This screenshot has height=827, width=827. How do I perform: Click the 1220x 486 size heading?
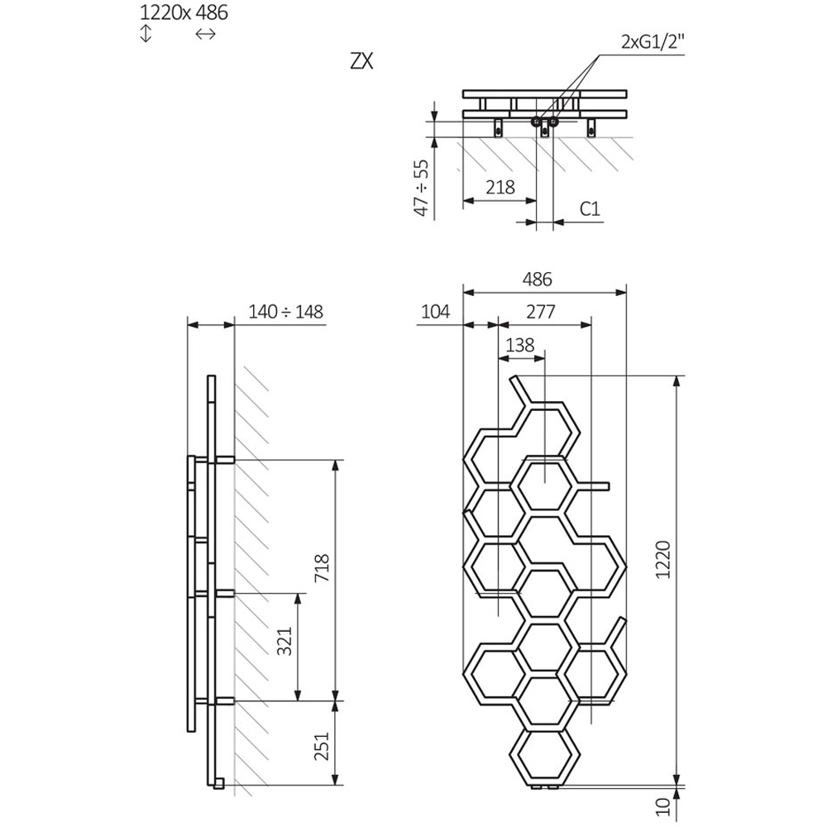184,12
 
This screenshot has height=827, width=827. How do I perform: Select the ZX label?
361,63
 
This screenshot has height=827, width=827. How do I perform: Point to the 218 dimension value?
499,187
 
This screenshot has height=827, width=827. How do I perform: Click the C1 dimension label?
589,208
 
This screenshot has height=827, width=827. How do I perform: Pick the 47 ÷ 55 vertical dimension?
422,188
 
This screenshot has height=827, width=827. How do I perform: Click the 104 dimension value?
435,312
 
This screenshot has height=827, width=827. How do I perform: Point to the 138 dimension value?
519,345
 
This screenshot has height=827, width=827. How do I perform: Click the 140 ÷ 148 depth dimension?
285,312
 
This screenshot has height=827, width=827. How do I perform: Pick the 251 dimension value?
323,745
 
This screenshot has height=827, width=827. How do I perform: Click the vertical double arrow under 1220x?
146,34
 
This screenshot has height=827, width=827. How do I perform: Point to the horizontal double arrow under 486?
205,34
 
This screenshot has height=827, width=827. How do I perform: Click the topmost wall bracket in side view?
226,458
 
